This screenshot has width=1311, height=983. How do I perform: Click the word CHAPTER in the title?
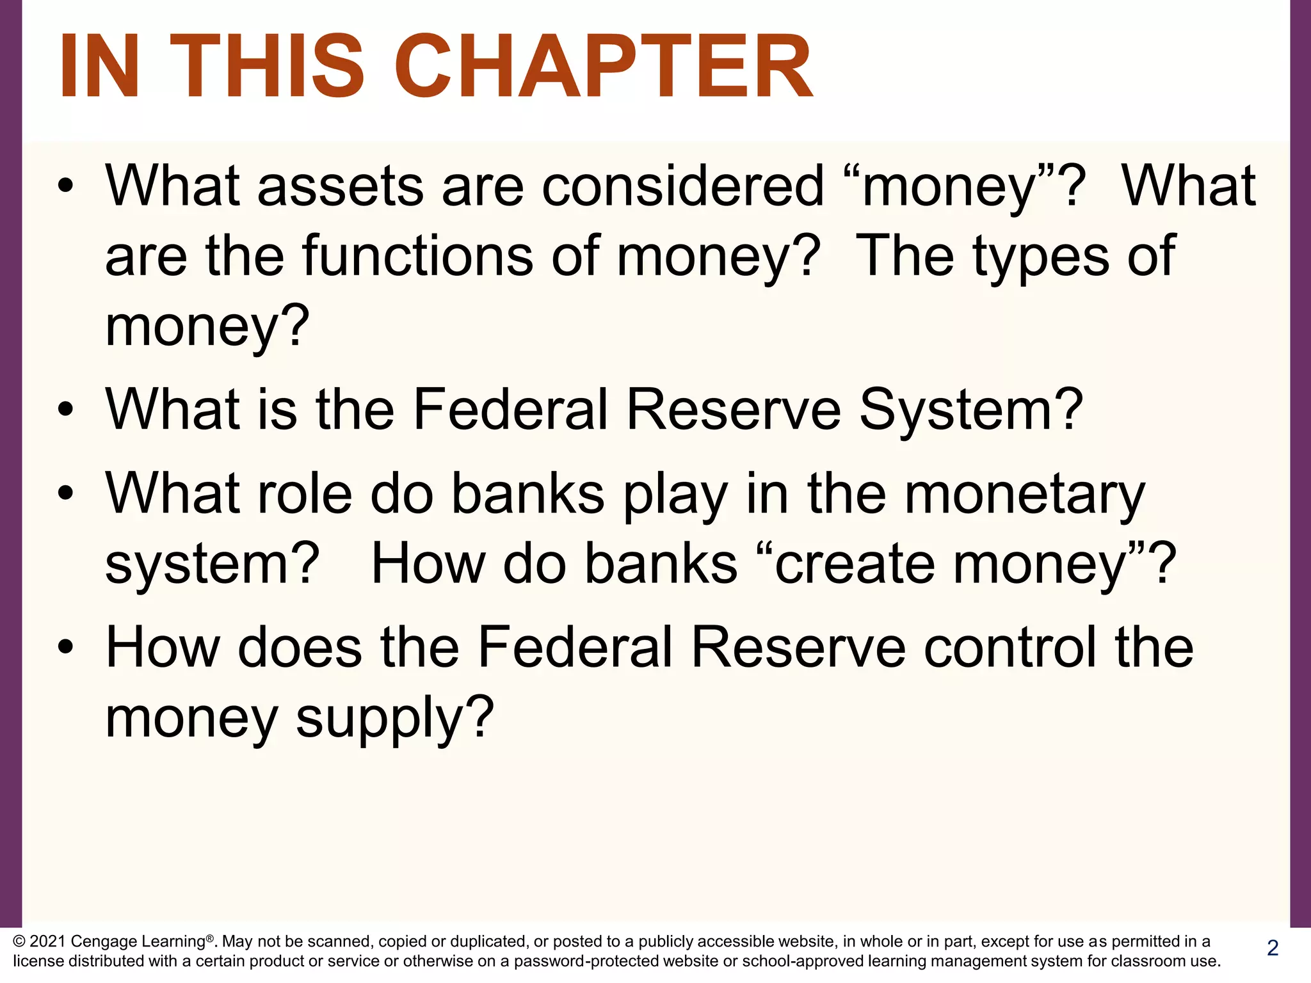pos(602,67)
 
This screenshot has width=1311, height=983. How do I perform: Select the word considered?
pos(682,186)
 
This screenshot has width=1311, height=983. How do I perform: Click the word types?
pos(1041,257)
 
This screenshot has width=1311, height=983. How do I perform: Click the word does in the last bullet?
pos(300,648)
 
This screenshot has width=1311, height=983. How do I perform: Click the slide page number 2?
pos(1273,948)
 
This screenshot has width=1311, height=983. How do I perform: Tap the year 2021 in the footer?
pos(48,941)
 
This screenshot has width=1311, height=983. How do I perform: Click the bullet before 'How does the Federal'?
pos(65,648)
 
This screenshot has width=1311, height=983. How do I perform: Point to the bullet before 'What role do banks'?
pos(65,493)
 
